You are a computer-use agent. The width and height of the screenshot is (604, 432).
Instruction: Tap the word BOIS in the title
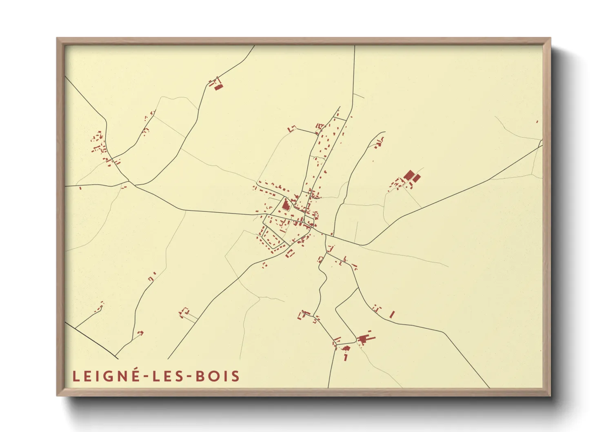click(x=218, y=376)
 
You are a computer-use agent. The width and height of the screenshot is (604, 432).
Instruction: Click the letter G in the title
click(x=109, y=376)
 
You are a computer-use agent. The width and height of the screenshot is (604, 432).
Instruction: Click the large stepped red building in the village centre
click(x=286, y=205)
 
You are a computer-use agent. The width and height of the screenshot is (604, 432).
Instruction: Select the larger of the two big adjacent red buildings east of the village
click(x=408, y=176)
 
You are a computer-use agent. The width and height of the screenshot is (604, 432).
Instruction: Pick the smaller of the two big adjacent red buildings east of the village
click(x=416, y=178)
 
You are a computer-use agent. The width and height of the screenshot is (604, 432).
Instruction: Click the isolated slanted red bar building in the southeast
click(x=392, y=314)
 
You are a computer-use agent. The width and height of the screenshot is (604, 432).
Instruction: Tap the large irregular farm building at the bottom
click(x=364, y=338)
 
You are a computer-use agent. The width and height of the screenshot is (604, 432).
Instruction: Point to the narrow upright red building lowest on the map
click(x=346, y=357)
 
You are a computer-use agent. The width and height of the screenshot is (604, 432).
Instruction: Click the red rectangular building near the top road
click(x=219, y=87)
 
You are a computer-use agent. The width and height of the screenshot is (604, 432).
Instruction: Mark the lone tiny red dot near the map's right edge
click(x=537, y=122)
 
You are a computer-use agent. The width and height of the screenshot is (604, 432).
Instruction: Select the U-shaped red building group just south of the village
click(x=290, y=254)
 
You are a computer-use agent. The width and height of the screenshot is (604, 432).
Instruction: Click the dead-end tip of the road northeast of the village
click(x=384, y=132)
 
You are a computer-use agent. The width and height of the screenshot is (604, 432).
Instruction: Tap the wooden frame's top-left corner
click(x=58, y=39)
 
